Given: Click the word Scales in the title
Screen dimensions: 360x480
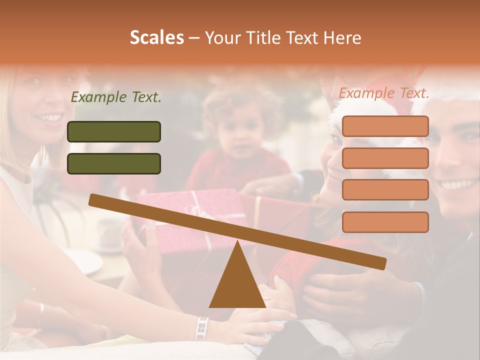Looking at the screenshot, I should pos(157,37).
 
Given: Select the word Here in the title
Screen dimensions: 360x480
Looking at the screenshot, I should pos(342,37).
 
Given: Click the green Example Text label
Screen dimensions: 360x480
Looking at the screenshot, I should pos(116,97).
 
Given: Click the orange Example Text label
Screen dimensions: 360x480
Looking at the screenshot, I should pos(384,93).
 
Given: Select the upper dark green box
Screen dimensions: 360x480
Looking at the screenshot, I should pos(114,131).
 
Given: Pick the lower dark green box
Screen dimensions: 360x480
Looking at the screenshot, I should pos(114,163).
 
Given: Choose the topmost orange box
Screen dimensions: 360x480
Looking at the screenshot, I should pos(385,126).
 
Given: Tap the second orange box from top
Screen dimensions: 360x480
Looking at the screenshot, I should pos(385,158).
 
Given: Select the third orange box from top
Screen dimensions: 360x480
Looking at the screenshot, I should pos(385,190).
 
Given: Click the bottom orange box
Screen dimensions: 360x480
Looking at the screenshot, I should pos(385,222).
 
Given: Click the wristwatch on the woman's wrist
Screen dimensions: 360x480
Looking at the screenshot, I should pos(202,328).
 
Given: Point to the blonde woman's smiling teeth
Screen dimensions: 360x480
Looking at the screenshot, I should pos(49,118).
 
